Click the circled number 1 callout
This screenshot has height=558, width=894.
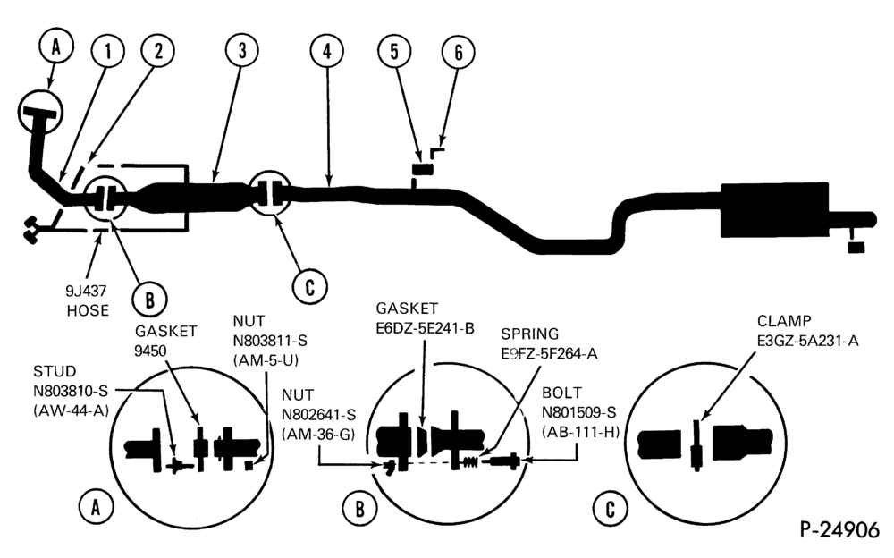(x=107, y=52)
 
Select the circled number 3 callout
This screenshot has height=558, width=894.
(x=242, y=51)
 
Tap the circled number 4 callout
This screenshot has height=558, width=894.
(x=326, y=52)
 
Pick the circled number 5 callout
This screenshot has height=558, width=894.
(x=394, y=51)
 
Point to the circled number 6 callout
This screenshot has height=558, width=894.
(x=459, y=52)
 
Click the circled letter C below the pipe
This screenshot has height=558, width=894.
(x=309, y=286)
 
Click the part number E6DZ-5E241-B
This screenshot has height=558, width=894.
(x=425, y=328)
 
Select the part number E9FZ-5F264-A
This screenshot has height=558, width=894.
(x=549, y=354)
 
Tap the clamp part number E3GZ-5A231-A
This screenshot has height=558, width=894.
(x=807, y=341)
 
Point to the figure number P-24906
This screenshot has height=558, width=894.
(x=839, y=530)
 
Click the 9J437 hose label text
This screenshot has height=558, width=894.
(x=88, y=300)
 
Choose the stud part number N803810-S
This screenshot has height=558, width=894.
(x=70, y=391)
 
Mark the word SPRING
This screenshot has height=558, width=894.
(x=529, y=334)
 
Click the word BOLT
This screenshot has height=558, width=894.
(x=562, y=393)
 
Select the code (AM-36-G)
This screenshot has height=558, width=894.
(x=318, y=435)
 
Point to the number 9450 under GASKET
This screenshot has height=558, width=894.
(x=150, y=351)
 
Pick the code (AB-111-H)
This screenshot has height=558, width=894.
(x=580, y=432)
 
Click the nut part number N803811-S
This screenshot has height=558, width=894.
(x=270, y=342)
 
